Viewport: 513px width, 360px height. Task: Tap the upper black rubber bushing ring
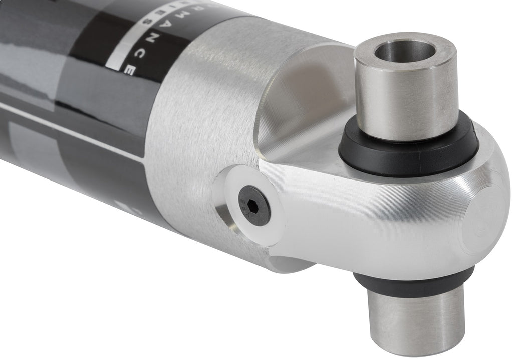click(408, 150)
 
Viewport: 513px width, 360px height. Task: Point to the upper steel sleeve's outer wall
click(406, 100)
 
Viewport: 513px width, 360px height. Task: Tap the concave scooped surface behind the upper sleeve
click(311, 100)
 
